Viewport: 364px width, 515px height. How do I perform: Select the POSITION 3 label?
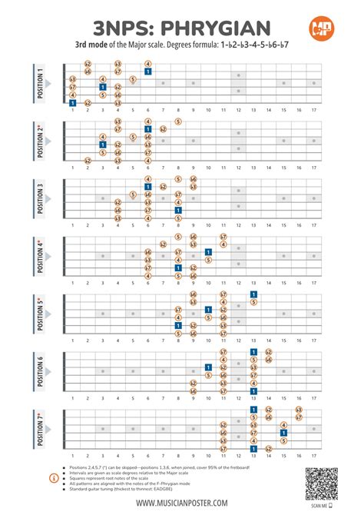[x=40, y=198]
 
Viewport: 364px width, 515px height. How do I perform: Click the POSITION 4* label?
[x=40, y=256]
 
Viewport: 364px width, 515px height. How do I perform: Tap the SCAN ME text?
[x=313, y=505]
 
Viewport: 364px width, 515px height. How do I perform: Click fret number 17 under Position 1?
[x=313, y=111]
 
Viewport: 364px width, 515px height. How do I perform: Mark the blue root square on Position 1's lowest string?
[x=72, y=102]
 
